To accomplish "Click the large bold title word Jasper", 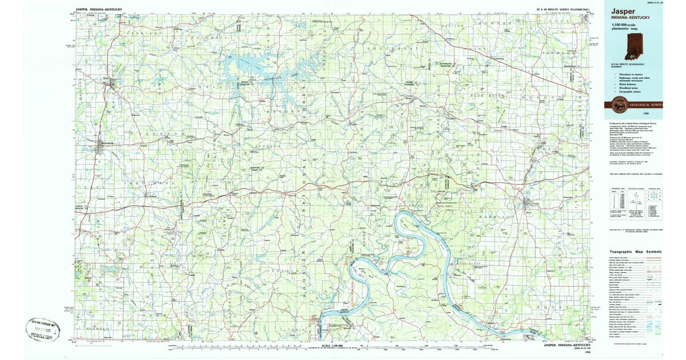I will coord(623,11).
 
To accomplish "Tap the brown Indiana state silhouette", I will coord(634,46).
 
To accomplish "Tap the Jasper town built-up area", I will coord(109,83).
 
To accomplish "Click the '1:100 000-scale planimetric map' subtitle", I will coord(624,27).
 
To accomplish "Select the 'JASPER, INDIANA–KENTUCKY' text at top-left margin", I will coord(98,10).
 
